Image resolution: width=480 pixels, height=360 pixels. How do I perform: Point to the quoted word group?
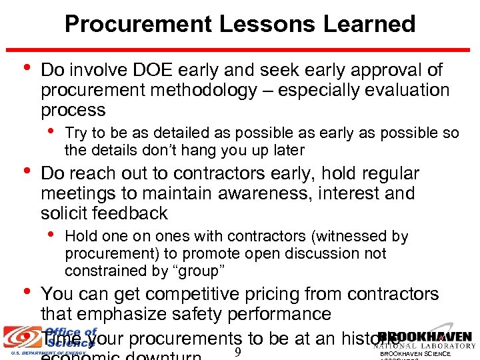(x=199, y=271)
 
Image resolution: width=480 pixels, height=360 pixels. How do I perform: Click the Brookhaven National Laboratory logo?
(x=425, y=341)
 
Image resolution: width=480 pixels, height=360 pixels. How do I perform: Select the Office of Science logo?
(x=50, y=339)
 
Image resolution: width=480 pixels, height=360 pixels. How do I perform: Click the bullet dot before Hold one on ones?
(x=52, y=233)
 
